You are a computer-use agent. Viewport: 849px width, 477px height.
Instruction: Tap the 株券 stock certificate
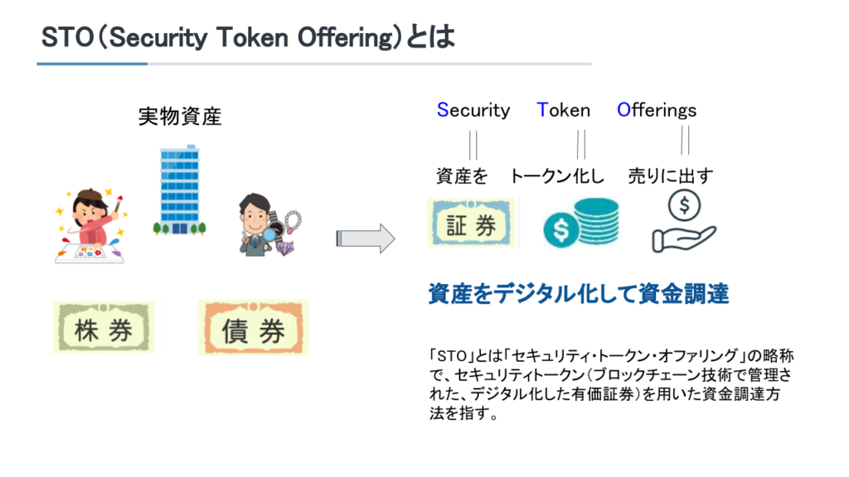click(x=104, y=330)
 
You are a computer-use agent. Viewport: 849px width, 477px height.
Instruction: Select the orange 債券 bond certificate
click(x=254, y=330)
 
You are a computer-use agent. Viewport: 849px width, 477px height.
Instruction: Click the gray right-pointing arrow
click(x=365, y=238)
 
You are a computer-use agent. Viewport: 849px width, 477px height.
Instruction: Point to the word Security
click(x=473, y=110)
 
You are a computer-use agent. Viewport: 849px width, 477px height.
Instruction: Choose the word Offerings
click(x=657, y=110)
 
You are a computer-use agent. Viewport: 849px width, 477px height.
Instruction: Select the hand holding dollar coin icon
click(x=683, y=221)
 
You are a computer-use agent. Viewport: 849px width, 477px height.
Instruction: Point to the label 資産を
click(x=462, y=176)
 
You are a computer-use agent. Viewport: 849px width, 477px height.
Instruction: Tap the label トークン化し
click(x=557, y=176)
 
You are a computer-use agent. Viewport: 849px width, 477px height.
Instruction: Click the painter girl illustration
click(x=90, y=227)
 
